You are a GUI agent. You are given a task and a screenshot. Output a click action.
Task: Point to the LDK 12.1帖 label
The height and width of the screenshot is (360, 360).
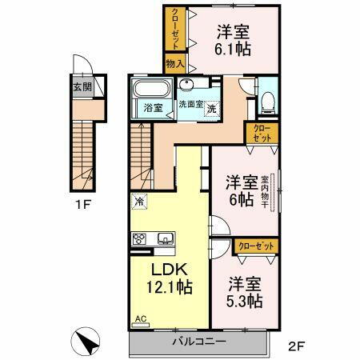(x=166, y=277)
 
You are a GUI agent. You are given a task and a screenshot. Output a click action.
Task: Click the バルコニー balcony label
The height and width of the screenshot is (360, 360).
(x=199, y=342)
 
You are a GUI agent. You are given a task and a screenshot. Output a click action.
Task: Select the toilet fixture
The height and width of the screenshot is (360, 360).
(x=270, y=99)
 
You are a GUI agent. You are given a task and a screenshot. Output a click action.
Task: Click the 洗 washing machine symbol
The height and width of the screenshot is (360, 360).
(x=211, y=109)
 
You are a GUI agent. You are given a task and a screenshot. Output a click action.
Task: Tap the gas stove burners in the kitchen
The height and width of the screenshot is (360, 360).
(x=141, y=238)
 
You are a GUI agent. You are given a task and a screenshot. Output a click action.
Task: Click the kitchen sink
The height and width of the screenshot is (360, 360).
(x=166, y=238)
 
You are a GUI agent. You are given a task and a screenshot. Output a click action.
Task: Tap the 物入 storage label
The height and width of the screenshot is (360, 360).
(x=174, y=62)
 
